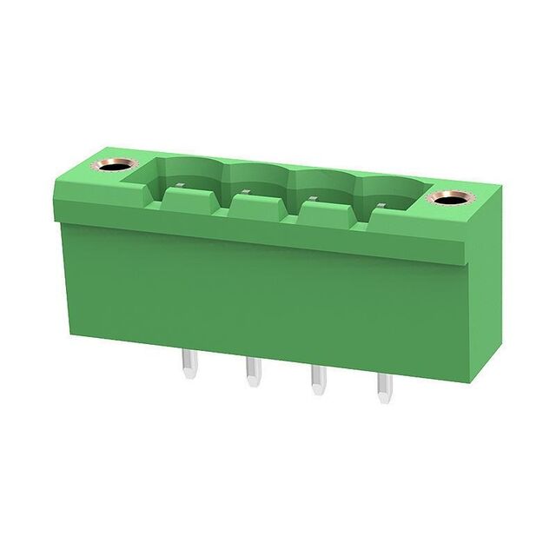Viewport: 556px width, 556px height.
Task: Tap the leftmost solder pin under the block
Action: [x=189, y=361]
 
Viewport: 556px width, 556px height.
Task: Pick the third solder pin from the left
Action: [x=318, y=381]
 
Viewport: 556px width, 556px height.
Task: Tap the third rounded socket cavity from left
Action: [x=323, y=186]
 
